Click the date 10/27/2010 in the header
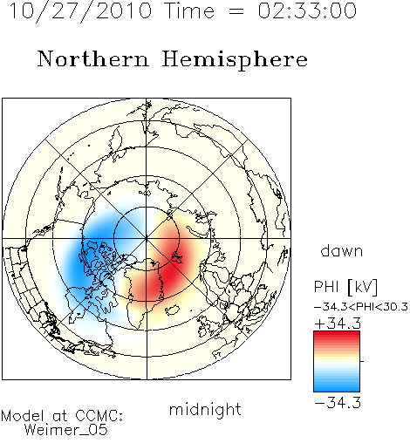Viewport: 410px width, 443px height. (x=80, y=11)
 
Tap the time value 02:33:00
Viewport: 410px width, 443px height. (x=307, y=10)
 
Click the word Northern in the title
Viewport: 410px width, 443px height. (x=93, y=59)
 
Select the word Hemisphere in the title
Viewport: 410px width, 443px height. (x=235, y=60)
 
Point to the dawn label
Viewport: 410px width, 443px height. (x=341, y=250)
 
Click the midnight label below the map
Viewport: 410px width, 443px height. (x=205, y=410)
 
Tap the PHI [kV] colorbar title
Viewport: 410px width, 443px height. (x=345, y=287)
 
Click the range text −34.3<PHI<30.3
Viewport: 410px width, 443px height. (x=361, y=307)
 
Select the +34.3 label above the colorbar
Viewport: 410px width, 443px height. (x=338, y=324)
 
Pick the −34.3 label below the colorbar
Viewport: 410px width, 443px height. (x=338, y=403)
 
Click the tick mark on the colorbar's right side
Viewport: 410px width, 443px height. (x=362, y=361)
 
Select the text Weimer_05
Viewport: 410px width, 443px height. (x=66, y=430)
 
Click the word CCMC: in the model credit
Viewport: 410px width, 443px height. (x=99, y=416)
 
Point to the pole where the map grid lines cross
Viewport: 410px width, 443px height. (x=147, y=238)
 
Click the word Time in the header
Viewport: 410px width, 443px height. (x=189, y=10)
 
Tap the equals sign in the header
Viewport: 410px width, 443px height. (x=236, y=11)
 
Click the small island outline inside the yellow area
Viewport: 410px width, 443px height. (x=172, y=310)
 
